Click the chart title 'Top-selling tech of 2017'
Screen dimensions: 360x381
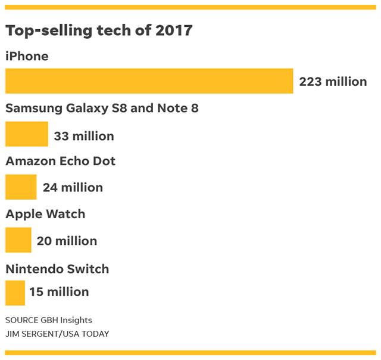99,31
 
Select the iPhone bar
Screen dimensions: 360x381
149,81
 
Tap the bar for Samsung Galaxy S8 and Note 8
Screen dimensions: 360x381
26,134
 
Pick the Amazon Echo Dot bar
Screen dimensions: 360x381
21,187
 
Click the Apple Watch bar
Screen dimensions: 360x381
18,240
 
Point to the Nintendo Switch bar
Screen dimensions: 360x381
15,292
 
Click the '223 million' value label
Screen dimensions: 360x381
333,82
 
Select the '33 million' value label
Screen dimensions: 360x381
84,136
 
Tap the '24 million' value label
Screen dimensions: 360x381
73,188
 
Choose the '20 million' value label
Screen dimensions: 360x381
67,241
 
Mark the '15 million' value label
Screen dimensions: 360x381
59,292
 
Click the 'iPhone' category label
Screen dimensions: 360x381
27,57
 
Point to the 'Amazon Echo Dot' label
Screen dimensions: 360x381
60,162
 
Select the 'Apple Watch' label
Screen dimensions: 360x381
45,214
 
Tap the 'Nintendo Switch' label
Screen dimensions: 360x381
57,269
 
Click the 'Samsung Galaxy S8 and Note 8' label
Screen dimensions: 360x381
102,108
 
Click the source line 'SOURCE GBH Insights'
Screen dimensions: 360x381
49,320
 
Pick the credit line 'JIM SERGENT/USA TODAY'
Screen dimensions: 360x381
57,334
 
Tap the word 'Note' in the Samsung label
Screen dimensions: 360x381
172,108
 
